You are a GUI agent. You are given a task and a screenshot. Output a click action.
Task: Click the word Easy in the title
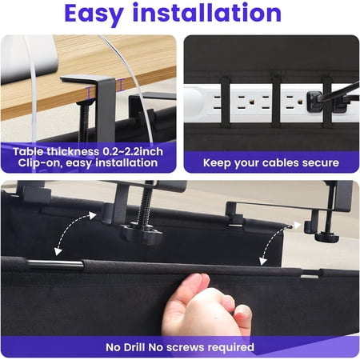(105, 14)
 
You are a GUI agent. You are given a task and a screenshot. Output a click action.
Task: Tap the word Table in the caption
(41, 149)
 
